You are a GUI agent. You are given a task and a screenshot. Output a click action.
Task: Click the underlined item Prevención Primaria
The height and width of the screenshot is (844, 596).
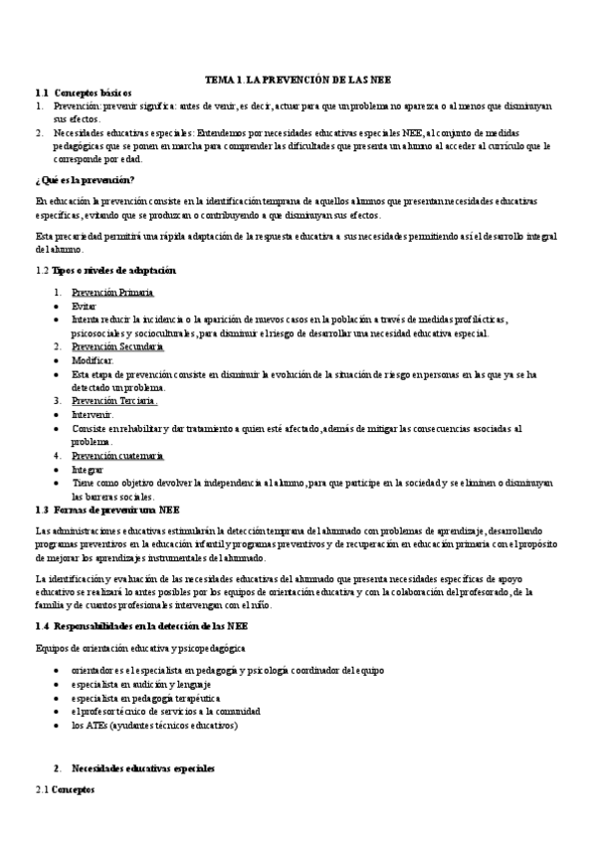tap(111, 293)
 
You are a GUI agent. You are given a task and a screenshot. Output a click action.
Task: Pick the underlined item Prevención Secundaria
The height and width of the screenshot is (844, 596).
tap(117, 346)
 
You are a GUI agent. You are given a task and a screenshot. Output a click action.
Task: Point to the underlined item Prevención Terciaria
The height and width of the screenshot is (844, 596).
tap(114, 400)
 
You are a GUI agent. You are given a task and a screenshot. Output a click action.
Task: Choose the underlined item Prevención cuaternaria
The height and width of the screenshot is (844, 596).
tap(117, 455)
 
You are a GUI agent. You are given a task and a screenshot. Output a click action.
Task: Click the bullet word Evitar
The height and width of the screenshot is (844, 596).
tap(85, 307)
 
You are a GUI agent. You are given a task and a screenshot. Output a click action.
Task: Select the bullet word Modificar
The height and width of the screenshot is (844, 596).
tap(93, 360)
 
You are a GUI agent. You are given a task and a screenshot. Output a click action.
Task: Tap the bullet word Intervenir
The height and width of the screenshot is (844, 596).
tap(93, 414)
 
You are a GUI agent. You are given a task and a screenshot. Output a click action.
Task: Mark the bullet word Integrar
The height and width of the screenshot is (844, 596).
tap(88, 468)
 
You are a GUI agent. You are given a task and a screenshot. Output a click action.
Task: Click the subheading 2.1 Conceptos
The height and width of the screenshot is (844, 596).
tap(65, 789)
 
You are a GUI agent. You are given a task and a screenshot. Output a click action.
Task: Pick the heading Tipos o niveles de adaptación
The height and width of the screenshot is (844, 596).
tap(112, 270)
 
